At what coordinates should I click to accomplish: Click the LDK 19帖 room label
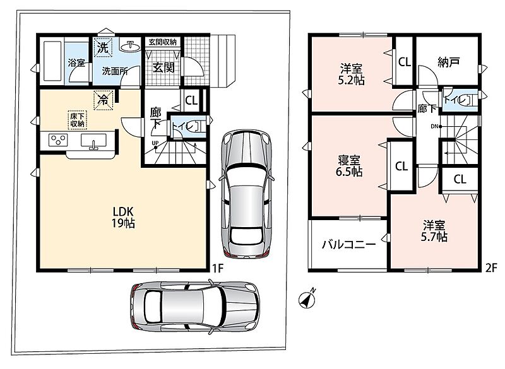123,217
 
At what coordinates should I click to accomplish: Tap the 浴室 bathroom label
76,62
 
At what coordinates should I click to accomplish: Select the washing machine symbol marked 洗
103,47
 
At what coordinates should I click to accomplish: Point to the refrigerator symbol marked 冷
104,100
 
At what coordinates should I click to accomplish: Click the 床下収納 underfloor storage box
78,120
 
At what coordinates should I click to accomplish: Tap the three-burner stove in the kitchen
58,140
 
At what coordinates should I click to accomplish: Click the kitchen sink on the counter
93,141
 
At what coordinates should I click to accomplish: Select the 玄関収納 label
163,42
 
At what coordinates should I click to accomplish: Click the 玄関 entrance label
163,67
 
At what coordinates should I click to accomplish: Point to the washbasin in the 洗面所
131,47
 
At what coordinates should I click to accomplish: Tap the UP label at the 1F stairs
155,143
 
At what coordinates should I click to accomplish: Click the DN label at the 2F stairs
434,126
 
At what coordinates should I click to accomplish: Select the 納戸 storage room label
448,62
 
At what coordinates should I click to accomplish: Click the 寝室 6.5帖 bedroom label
349,166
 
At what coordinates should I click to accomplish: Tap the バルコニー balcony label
349,245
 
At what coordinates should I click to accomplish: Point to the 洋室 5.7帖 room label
434,231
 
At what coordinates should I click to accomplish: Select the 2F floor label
492,268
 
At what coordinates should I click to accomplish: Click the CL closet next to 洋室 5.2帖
405,62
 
